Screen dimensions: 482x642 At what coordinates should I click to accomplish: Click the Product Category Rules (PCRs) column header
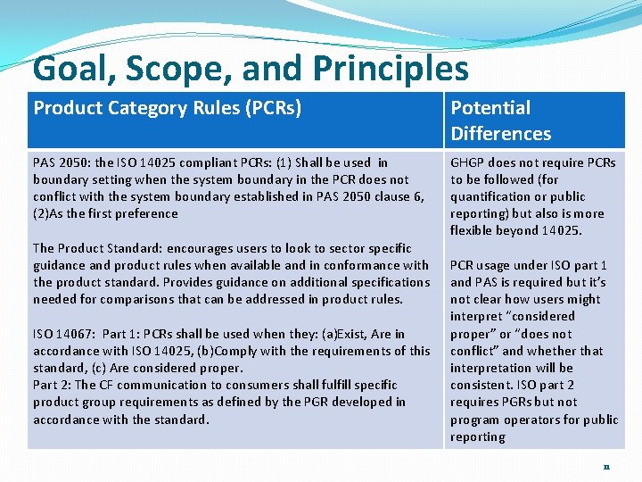point(168,108)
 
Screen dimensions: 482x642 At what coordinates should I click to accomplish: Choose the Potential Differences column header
point(500,120)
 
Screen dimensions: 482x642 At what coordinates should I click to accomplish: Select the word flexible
point(473,230)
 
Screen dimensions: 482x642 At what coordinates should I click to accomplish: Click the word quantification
point(493,196)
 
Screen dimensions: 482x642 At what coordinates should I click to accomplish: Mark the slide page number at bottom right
point(606,467)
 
